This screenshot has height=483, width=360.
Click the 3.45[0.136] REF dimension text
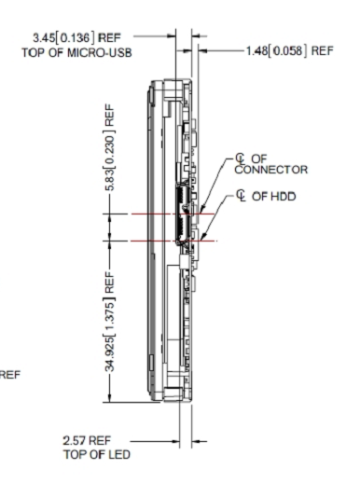(x=76, y=38)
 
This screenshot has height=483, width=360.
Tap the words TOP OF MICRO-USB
(x=76, y=53)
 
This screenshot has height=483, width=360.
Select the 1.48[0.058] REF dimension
(x=289, y=50)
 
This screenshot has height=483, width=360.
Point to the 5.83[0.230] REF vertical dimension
(x=110, y=147)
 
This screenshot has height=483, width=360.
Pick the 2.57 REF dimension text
(x=87, y=440)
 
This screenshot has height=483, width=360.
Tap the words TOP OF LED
(x=97, y=454)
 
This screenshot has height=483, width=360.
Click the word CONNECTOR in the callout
(x=271, y=170)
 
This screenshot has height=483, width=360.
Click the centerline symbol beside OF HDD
(x=242, y=196)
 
